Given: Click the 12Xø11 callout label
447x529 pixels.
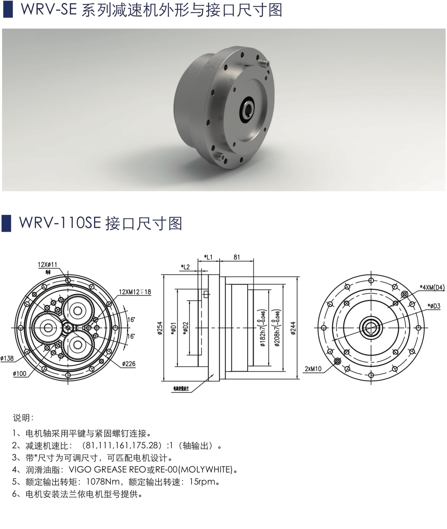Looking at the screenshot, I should pos(47,264).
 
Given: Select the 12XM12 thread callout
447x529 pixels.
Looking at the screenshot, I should pos(135,292).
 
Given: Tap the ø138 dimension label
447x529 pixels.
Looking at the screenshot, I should pos(7,358).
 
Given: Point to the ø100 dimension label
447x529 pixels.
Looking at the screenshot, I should pos(20,374).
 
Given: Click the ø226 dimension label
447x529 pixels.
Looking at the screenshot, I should pos(129,364).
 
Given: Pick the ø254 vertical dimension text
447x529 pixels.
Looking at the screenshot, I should pos(160,328).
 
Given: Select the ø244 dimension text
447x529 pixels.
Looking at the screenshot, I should pos(293,328).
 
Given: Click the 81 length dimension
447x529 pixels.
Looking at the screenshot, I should pos(237,257).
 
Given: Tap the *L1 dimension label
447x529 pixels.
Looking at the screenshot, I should pos(208,257).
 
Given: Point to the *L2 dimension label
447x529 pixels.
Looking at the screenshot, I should pos(186,267).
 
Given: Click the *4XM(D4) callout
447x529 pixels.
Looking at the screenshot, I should pos(432,287).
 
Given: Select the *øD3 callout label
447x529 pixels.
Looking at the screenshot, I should pos(434,306).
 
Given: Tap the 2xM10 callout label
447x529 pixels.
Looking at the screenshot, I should pos(313,369).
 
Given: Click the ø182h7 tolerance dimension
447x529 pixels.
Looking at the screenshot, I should pos(263,328).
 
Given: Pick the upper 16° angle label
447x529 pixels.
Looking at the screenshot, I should pos(131,319).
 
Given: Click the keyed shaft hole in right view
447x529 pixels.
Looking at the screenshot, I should pos(371,328).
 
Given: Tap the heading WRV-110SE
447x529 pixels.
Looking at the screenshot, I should pos(60,223).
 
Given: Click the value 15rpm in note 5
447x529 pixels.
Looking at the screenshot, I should pos(202,482).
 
